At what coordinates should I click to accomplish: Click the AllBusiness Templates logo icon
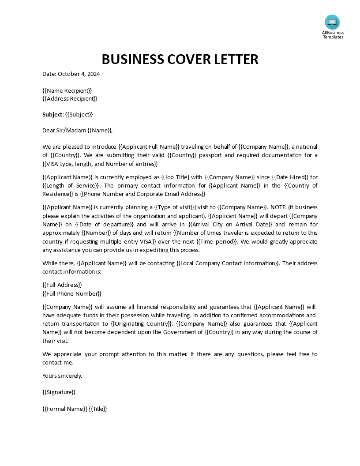tap(332, 22)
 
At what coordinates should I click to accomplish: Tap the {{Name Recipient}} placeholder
tap(67, 90)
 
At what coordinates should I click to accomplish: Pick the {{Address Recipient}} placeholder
tap(70, 98)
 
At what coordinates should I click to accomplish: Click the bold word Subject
tap(52, 114)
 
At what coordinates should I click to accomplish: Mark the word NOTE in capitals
tap(279, 207)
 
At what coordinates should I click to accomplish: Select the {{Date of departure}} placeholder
tap(105, 224)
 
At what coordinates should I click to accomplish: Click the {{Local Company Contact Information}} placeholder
tap(228, 263)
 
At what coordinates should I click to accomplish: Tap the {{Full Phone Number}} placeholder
tap(72, 293)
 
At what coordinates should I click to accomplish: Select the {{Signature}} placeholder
tap(59, 392)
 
